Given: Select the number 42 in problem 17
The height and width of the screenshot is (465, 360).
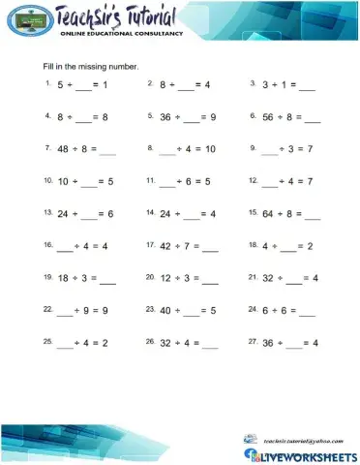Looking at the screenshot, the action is coord(165,246).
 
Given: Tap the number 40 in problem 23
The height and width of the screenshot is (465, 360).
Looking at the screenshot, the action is coord(165,311).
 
